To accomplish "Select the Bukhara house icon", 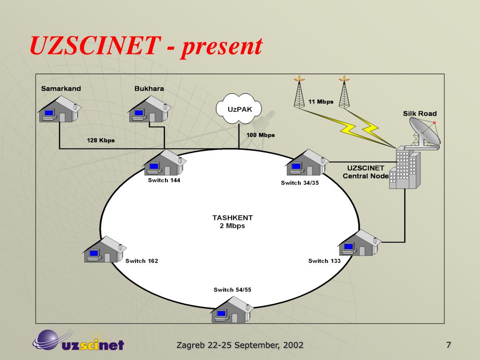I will (x=149, y=110).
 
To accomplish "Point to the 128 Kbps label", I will (x=100, y=140).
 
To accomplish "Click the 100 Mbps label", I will (x=261, y=135).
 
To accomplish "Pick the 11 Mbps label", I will (x=321, y=102).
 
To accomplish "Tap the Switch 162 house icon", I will (x=104, y=249).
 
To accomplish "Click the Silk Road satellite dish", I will (x=424, y=133).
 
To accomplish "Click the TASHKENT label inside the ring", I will (x=232, y=217).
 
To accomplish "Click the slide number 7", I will (x=449, y=345).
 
